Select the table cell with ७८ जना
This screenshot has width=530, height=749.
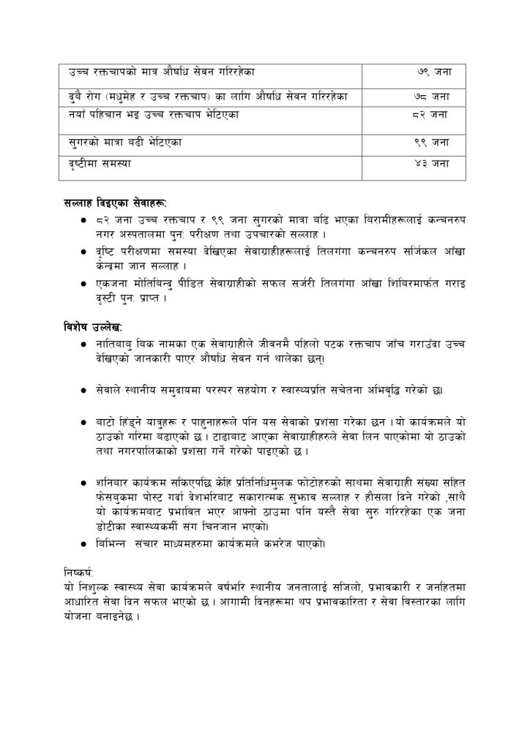(x=432, y=95)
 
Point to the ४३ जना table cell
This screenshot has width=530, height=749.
(x=432, y=164)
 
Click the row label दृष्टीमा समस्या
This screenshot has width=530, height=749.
(x=94, y=164)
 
